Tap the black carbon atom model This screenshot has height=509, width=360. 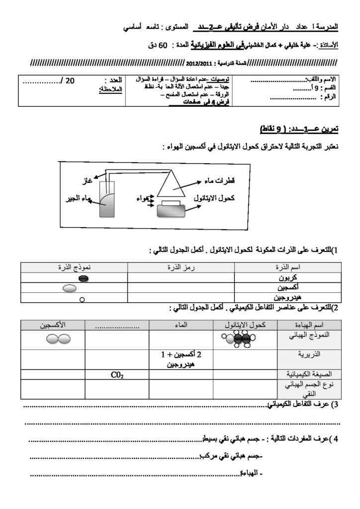(84, 279)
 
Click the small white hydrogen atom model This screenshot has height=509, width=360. (82, 299)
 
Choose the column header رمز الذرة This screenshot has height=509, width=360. (180, 268)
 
